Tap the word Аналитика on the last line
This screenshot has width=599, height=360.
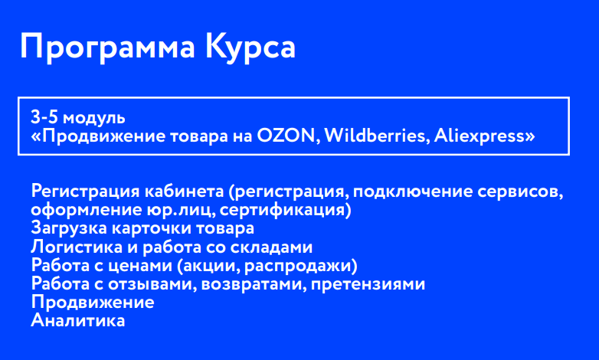77,320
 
